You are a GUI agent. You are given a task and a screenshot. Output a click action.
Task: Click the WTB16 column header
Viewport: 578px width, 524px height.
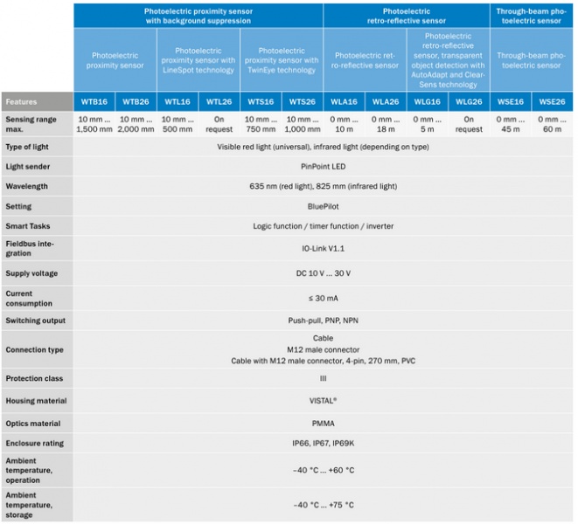pyautogui.click(x=94, y=102)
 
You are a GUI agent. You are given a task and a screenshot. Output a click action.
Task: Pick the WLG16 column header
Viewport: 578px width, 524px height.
pyautogui.click(x=427, y=102)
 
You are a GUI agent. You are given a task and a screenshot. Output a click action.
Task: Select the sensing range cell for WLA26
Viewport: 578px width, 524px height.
pyautogui.click(x=386, y=123)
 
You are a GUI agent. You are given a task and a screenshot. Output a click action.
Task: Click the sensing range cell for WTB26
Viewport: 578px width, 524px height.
pyautogui.click(x=136, y=123)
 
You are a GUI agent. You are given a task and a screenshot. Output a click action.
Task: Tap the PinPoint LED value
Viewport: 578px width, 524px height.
pyautogui.click(x=324, y=166)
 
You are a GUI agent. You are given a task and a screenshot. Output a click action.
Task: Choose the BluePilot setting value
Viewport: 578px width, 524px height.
pyautogui.click(x=324, y=206)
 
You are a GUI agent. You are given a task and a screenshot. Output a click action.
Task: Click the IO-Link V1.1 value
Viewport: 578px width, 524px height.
pyautogui.click(x=324, y=249)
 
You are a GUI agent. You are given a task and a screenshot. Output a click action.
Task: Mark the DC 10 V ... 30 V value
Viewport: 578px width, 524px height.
pyautogui.click(x=324, y=273)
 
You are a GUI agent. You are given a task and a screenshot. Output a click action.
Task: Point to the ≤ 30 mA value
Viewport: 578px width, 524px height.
pyautogui.click(x=324, y=298)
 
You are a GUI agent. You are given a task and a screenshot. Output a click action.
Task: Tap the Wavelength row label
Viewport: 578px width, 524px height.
pyautogui.click(x=25, y=186)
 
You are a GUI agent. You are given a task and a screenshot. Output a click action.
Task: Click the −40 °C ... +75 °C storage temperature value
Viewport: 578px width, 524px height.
pyautogui.click(x=324, y=505)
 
